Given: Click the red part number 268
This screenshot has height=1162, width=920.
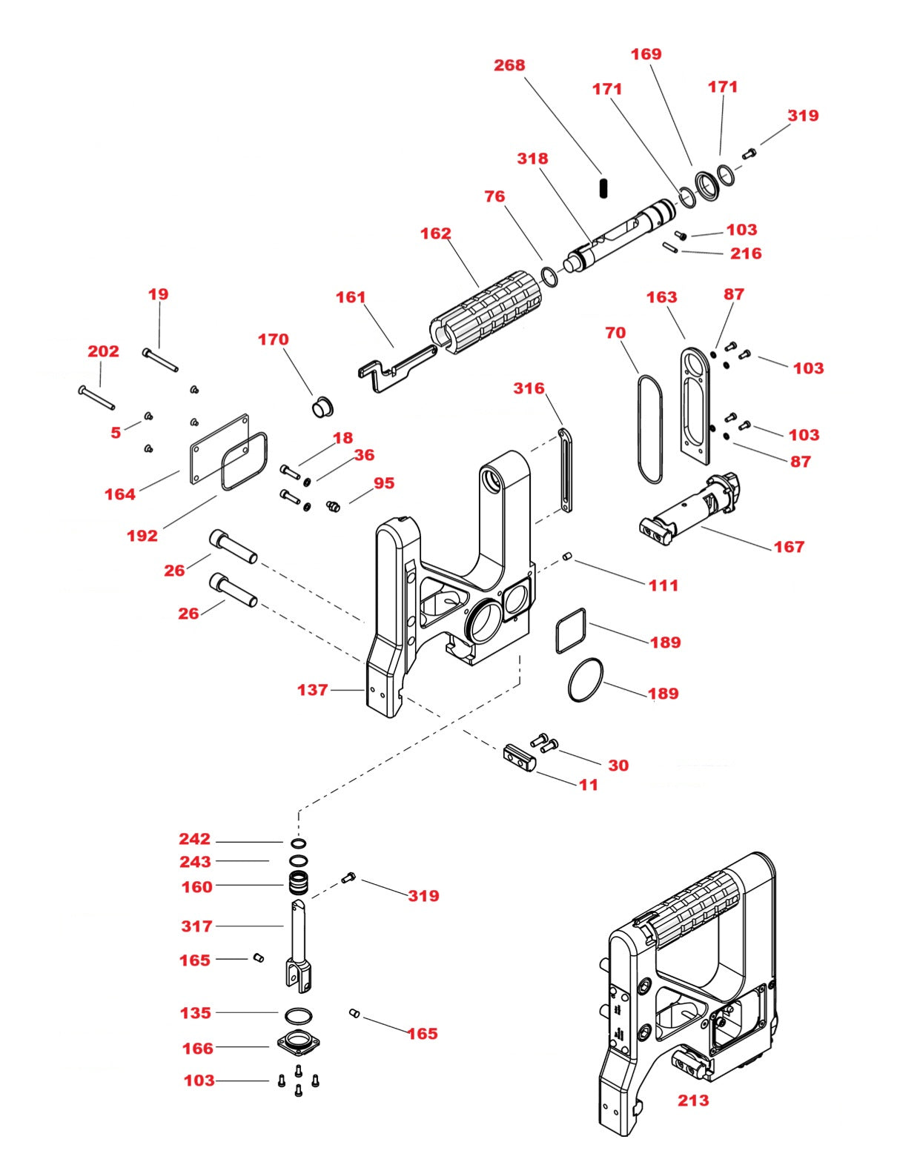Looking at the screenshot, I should (509, 65).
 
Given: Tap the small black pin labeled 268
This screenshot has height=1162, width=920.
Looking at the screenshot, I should (603, 187).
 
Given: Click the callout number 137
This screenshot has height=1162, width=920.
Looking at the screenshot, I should (312, 690).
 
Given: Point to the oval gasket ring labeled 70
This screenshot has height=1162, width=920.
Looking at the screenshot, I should (649, 430).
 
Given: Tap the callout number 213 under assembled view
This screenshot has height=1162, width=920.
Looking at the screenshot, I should (692, 1100).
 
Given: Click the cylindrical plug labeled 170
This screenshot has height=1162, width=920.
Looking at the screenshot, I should (321, 407).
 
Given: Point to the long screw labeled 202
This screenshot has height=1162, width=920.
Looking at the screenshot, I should (96, 398).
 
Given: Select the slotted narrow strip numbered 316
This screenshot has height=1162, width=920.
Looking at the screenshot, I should (566, 471).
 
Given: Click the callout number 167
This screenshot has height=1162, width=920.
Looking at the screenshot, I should (788, 547).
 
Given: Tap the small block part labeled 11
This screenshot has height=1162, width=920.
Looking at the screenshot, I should (519, 758).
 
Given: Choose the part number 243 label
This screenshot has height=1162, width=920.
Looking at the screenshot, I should (195, 862).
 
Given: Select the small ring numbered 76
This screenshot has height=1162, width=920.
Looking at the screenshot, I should (549, 276).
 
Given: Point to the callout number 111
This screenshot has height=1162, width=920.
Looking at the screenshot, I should (663, 585).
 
